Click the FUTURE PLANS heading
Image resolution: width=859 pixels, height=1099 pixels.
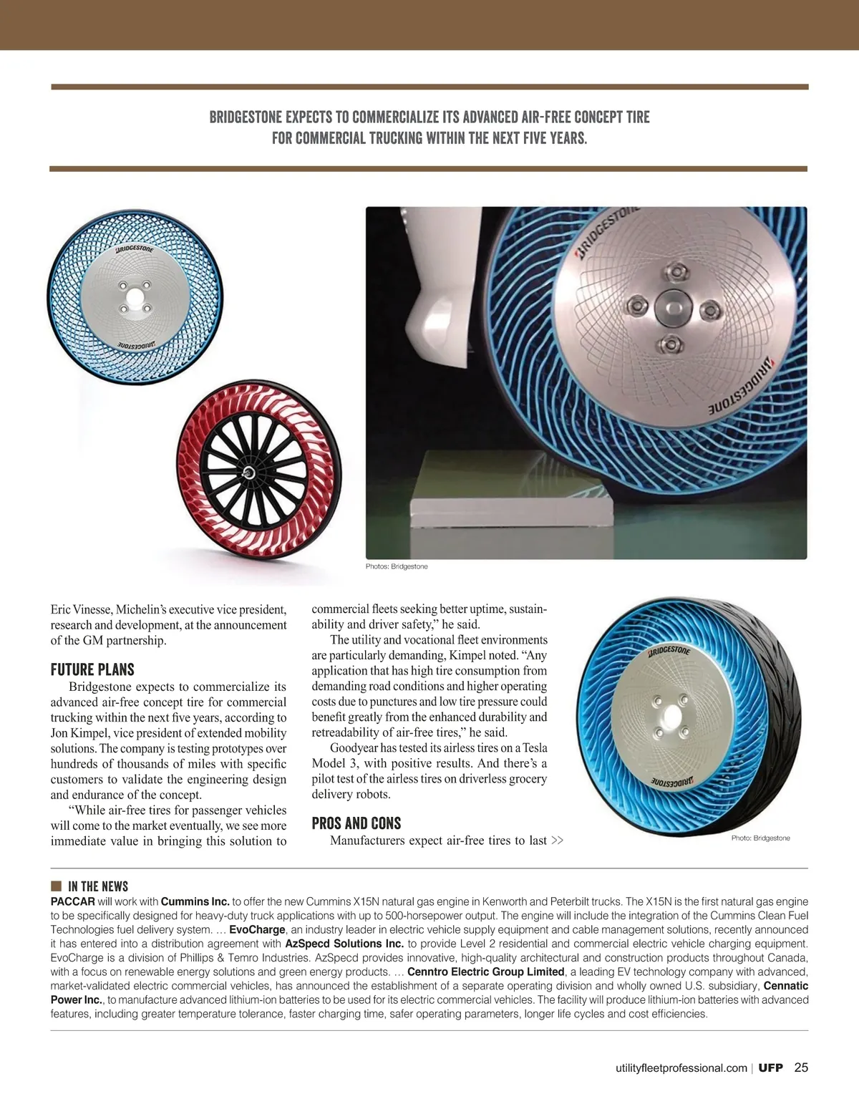(92, 670)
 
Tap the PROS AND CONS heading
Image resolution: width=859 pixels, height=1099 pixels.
(356, 823)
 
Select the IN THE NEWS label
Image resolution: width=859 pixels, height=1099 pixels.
(98, 886)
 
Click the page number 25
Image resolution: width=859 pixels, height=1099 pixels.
(801, 1067)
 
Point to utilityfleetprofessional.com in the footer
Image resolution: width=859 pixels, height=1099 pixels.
(681, 1068)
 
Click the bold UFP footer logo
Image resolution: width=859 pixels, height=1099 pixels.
(771, 1068)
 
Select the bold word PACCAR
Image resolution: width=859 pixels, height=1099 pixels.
(73, 902)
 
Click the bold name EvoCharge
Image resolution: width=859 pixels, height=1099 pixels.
(257, 930)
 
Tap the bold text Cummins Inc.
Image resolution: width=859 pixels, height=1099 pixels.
(195, 902)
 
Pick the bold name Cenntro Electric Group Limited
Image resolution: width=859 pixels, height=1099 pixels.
(485, 972)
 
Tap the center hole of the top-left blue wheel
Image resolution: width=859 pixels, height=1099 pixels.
(135, 297)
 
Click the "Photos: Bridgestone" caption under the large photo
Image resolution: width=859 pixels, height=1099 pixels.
(397, 566)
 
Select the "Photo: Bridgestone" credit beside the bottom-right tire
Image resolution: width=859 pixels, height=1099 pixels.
(760, 838)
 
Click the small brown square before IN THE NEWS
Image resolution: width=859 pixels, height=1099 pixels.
(56, 886)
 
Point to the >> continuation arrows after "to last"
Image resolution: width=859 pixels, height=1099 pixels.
(557, 841)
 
